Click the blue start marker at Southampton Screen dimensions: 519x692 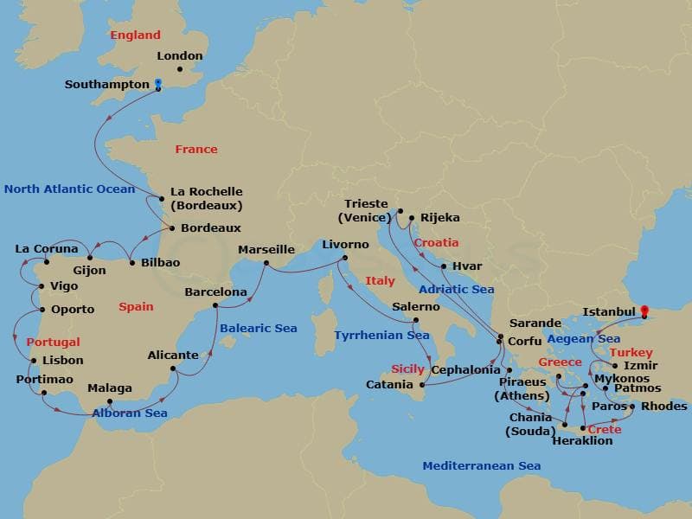(x=157, y=85)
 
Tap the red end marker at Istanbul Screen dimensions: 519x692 (x=643, y=309)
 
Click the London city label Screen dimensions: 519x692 (x=180, y=56)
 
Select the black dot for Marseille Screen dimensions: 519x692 (x=266, y=263)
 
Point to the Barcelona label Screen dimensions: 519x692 (x=216, y=292)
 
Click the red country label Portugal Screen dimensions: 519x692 (x=53, y=343)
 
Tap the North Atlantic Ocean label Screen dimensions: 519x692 (x=69, y=189)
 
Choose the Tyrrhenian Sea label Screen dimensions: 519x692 (x=381, y=335)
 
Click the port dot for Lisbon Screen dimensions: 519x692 (x=33, y=361)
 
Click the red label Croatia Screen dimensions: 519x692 (x=436, y=243)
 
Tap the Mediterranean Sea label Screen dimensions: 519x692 (x=482, y=467)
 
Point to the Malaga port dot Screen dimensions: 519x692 (x=109, y=401)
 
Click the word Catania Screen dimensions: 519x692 (x=394, y=384)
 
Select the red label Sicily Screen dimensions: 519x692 (x=407, y=368)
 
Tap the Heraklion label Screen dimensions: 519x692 (x=582, y=441)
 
